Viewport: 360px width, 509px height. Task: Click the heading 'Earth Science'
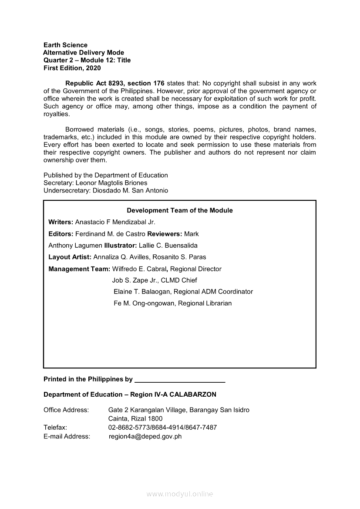(x=65, y=45)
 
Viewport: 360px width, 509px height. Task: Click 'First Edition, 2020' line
(x=72, y=68)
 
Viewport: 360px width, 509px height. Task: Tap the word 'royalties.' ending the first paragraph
(x=57, y=114)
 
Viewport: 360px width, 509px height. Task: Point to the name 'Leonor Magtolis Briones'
(x=111, y=183)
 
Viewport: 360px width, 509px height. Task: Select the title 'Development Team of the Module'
(x=179, y=210)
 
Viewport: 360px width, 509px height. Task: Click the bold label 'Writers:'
(x=61, y=222)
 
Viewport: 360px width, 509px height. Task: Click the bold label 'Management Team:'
(x=79, y=269)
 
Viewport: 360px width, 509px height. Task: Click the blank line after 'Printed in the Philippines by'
(x=180, y=380)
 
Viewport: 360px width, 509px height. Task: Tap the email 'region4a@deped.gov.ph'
(x=145, y=436)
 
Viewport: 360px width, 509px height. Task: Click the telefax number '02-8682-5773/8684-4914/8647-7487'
(x=162, y=428)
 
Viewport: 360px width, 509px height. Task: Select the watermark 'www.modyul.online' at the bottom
(x=180, y=494)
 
